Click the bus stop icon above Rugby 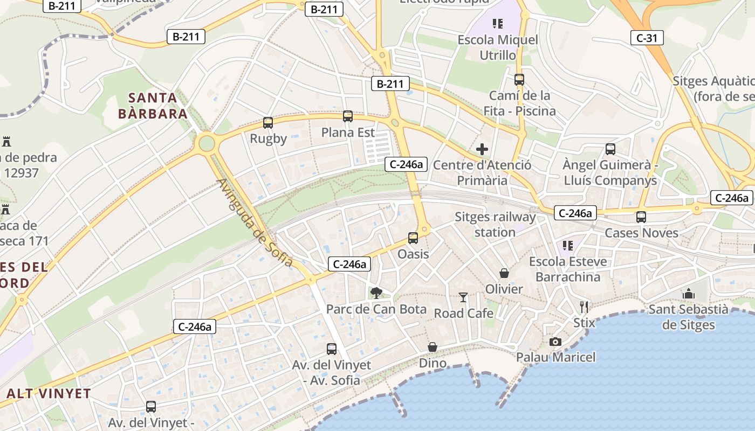[x=268, y=123]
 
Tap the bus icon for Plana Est [x=348, y=116]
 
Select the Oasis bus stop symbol [x=413, y=238]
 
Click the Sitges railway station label [x=495, y=225]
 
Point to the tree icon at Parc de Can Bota [x=376, y=293]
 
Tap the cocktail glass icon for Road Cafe [x=463, y=297]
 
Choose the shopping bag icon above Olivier [x=504, y=273]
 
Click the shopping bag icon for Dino [x=433, y=347]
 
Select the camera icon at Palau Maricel [x=555, y=342]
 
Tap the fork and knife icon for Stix [x=584, y=307]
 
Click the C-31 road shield [x=647, y=38]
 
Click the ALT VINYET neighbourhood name [x=49, y=393]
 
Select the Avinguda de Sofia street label [x=255, y=223]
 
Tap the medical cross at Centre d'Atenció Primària [x=482, y=149]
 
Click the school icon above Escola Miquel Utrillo [x=497, y=24]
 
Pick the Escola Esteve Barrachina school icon [x=568, y=246]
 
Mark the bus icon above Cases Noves [x=641, y=217]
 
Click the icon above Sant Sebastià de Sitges [x=689, y=294]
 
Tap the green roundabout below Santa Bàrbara [x=206, y=143]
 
